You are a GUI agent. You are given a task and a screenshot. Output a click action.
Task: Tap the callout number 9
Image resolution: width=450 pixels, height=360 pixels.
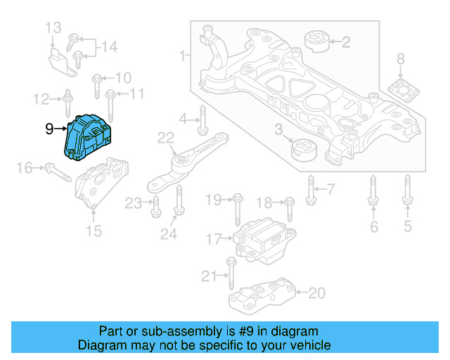(49, 129)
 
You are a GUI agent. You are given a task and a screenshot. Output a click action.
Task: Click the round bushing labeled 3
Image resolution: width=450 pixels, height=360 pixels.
(304, 149)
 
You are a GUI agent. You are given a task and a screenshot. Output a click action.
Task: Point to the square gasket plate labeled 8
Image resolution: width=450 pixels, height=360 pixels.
(401, 91)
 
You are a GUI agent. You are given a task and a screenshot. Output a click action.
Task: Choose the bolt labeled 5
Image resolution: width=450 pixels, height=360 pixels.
(407, 193)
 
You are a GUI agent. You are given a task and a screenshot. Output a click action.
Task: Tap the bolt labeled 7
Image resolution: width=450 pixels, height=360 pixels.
(310, 188)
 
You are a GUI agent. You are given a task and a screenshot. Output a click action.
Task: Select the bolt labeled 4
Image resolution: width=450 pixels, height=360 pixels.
(202, 120)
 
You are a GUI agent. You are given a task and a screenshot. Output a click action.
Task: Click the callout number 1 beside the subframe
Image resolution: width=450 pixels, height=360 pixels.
(183, 55)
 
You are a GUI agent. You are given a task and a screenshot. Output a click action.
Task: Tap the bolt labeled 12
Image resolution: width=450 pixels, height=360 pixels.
(67, 101)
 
